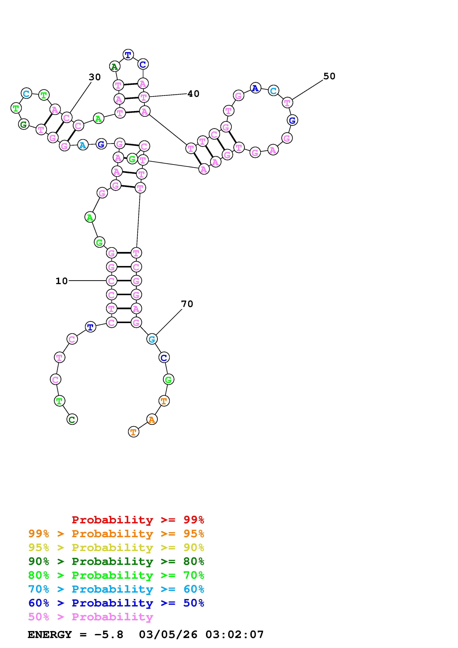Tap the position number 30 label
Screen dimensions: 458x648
pos(95,77)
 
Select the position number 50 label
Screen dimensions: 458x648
pos(329,76)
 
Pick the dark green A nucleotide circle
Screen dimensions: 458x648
pos(114,67)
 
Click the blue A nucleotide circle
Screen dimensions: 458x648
pos(255,88)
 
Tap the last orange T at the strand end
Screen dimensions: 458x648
pos(133,432)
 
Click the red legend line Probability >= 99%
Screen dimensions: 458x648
pos(138,520)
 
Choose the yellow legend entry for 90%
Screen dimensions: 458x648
pos(116,548)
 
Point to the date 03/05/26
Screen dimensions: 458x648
pos(168,635)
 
